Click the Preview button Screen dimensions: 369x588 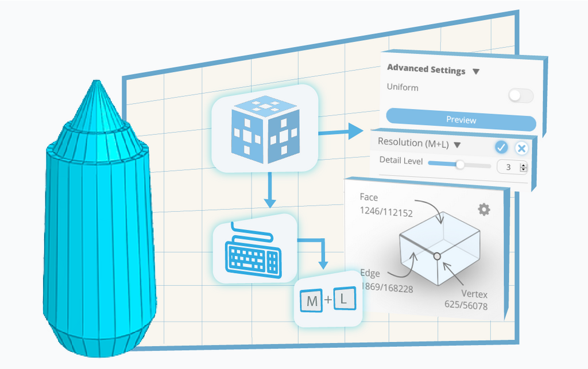coord(461,120)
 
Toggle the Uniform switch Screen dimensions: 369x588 coord(521,96)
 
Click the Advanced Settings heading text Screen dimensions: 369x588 coord(426,69)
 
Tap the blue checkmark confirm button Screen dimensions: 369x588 coord(501,148)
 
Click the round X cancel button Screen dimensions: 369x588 coord(521,149)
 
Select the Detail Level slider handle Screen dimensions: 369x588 coord(460,165)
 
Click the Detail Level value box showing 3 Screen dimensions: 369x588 coord(508,167)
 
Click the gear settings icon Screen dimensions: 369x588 coord(484,209)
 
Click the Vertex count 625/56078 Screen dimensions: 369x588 coord(466,306)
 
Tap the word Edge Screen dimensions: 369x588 coord(370,273)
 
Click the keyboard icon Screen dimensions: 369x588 coord(253,253)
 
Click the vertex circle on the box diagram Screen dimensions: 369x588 coord(437,255)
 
